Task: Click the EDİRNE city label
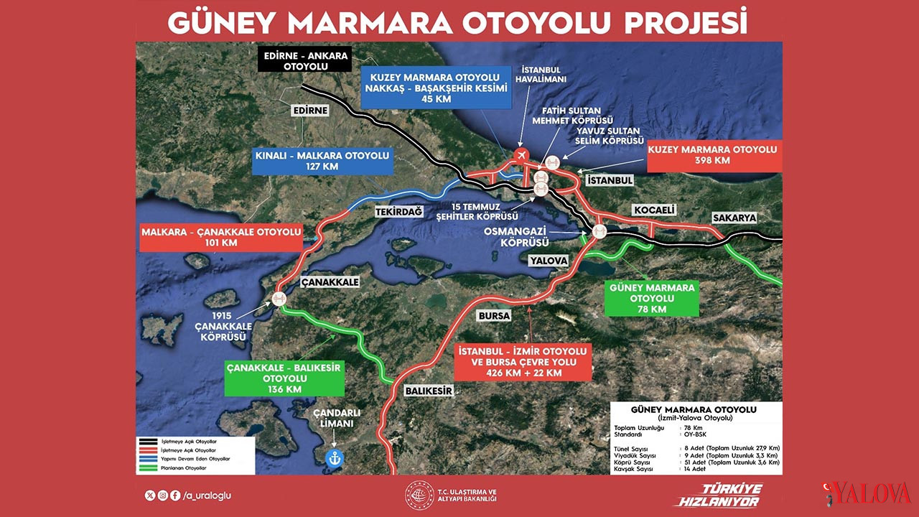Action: click(311, 111)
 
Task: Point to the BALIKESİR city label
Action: click(429, 391)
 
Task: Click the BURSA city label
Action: click(494, 315)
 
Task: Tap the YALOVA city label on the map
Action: click(549, 260)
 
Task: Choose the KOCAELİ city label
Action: click(654, 210)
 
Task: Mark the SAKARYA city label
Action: click(734, 218)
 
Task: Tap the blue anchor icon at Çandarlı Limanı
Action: click(333, 458)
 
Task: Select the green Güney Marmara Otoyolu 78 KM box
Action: click(652, 298)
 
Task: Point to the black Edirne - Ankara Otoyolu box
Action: click(305, 60)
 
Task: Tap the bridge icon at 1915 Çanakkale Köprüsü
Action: click(279, 299)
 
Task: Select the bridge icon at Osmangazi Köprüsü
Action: click(599, 231)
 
